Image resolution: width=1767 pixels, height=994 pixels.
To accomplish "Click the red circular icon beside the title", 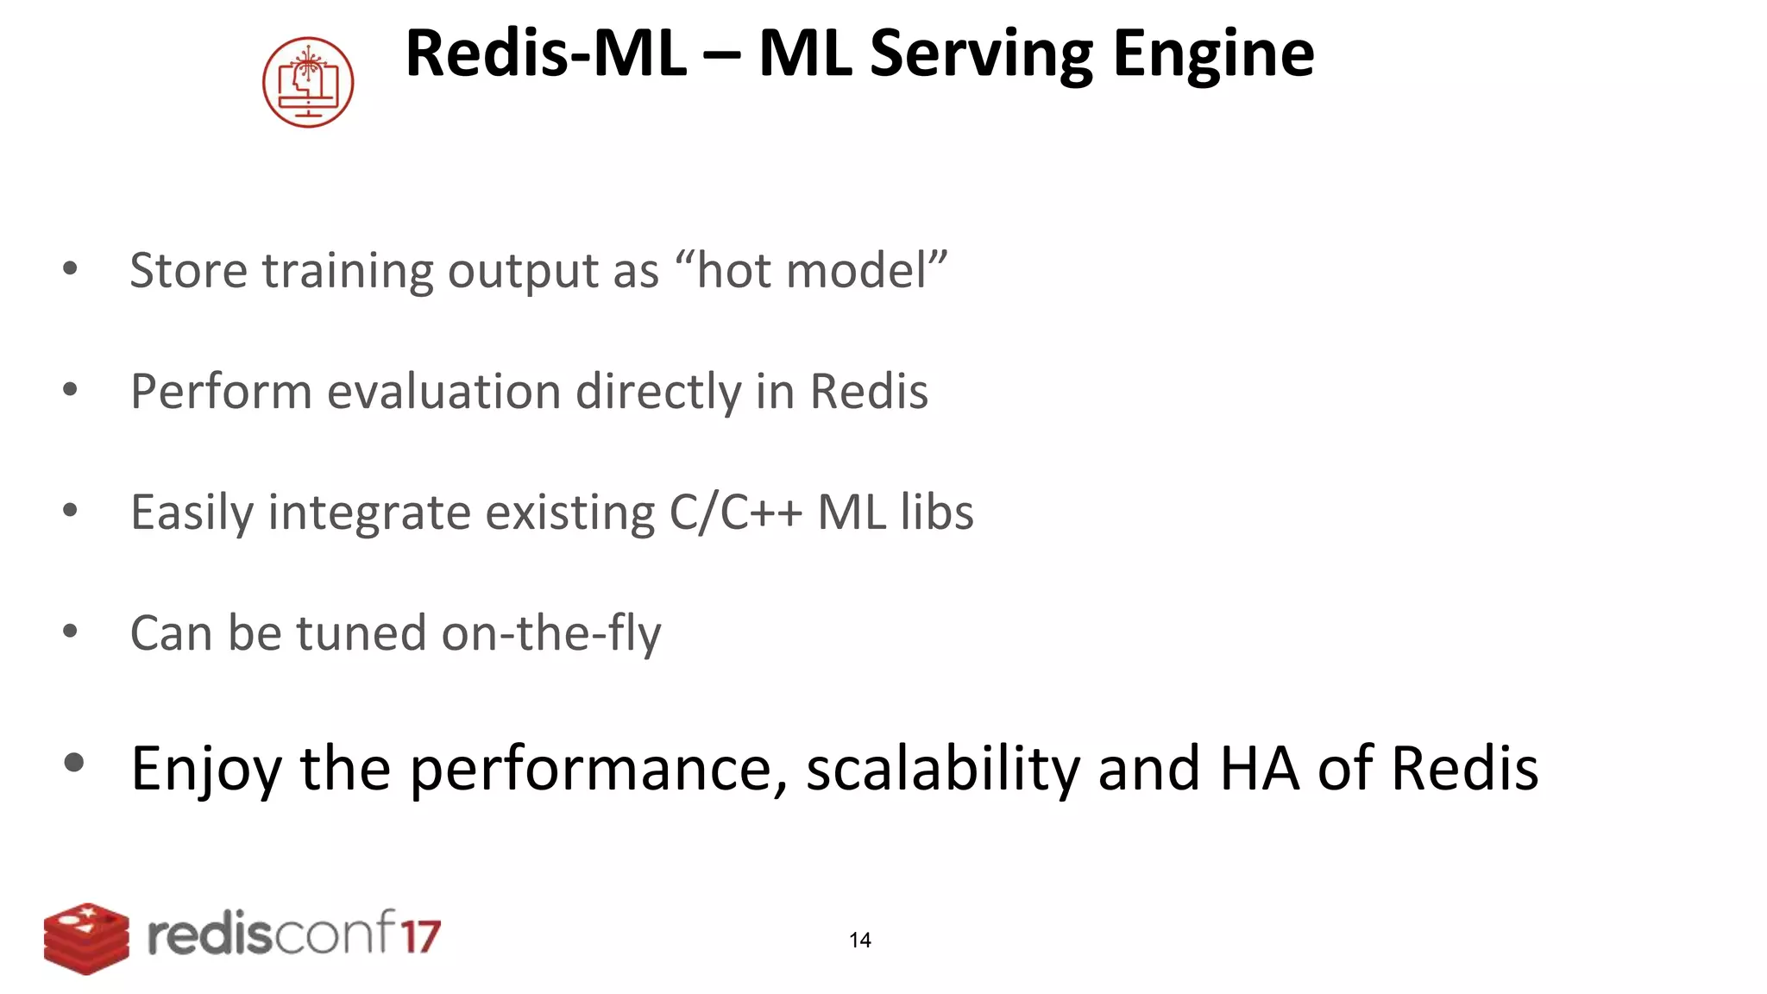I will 308,82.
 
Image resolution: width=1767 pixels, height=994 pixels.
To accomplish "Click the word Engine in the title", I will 1213,53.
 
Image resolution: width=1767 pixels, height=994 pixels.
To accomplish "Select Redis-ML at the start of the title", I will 545,53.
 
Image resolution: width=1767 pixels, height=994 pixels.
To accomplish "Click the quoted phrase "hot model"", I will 811,270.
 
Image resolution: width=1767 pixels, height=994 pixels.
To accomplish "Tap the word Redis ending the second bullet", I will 869,391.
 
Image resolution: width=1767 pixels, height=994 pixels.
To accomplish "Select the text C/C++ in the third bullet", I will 736,512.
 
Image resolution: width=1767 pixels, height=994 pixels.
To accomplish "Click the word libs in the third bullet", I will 937,512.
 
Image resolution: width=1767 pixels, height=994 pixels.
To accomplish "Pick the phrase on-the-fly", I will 551,632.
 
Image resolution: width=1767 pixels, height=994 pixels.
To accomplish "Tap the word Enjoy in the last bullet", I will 205,768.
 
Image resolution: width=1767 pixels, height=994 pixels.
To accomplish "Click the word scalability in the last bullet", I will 942,768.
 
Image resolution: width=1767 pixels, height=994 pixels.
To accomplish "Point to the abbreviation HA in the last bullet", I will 1259,768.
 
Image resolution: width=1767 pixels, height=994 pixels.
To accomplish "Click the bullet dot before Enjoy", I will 74,762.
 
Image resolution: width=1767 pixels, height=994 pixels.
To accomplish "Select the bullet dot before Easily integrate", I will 71,510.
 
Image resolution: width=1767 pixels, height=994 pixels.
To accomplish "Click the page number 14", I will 859,941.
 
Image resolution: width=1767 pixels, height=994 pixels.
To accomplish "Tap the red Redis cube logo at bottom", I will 86,938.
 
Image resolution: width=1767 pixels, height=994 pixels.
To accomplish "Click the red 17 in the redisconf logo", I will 420,936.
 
